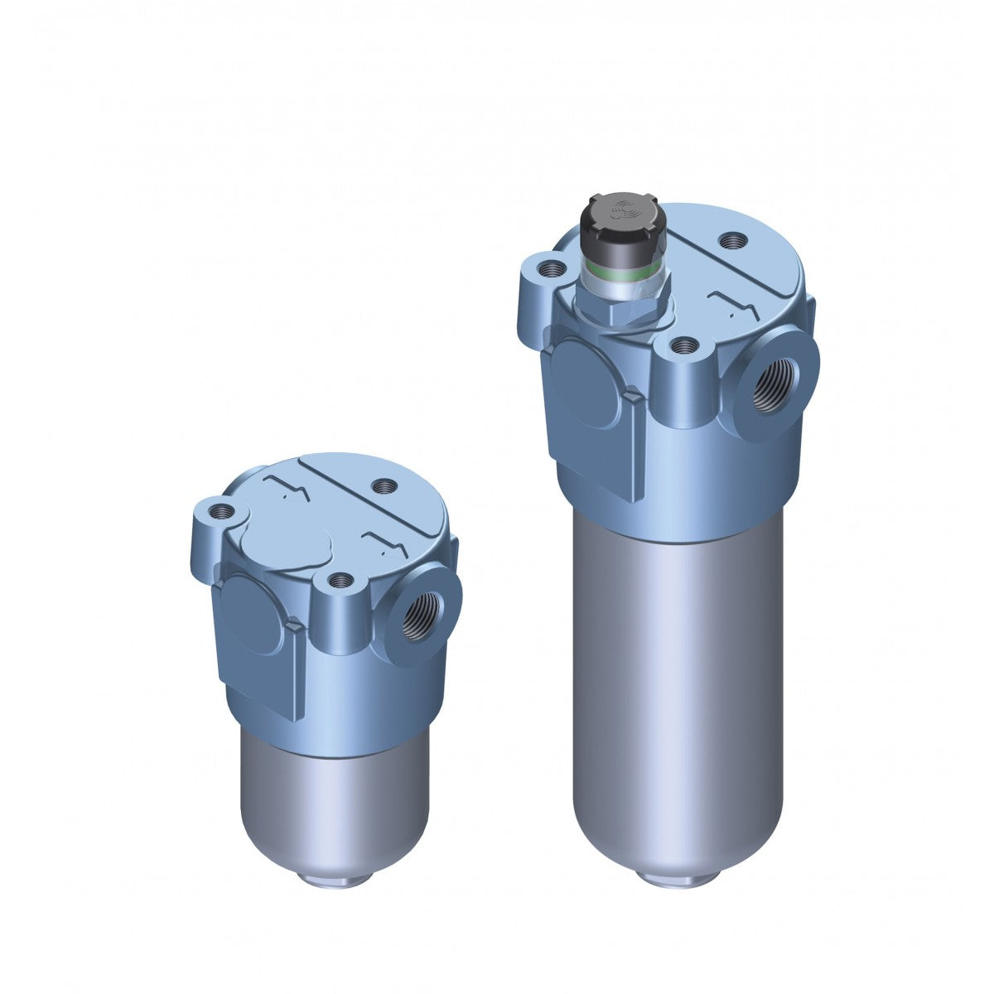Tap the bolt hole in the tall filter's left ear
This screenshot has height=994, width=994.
pyautogui.click(x=548, y=269)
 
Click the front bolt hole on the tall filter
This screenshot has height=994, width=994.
pyautogui.click(x=683, y=345)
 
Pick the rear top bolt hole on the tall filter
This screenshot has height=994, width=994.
pyautogui.click(x=732, y=241)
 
